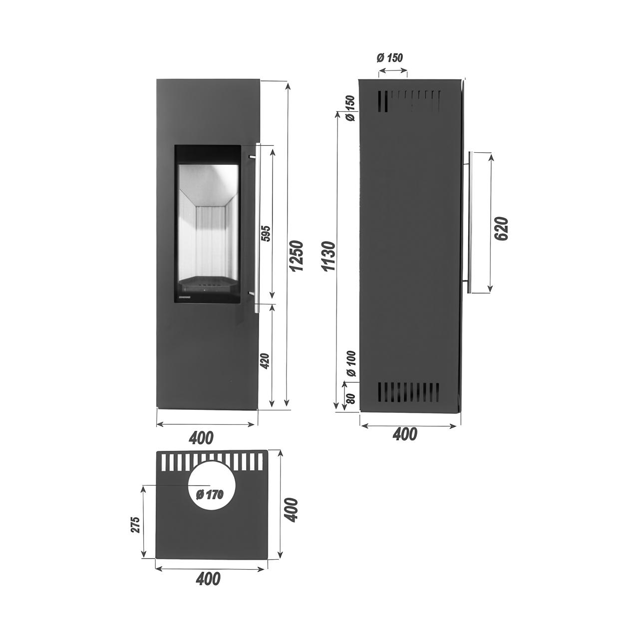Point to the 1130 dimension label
tap(330, 256)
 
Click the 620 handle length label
tap(503, 229)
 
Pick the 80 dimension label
tap(352, 398)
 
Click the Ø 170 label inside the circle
tap(209, 504)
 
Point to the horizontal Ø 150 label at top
tap(389, 58)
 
